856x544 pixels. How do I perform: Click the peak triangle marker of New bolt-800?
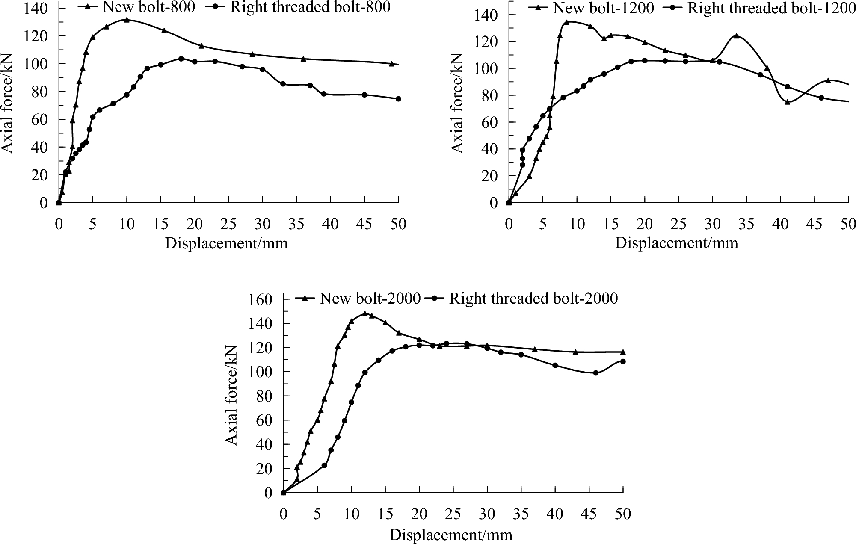coord(127,20)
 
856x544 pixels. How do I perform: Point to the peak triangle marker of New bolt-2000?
coord(365,313)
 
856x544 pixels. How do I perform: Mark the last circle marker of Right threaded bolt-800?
coord(398,99)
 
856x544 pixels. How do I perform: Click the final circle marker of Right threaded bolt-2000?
coord(623,361)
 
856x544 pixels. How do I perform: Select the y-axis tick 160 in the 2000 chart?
coord(260,299)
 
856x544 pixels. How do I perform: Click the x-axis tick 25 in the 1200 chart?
coord(678,224)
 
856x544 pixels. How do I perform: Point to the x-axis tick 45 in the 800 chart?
coord(364,224)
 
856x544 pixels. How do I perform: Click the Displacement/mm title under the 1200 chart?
coord(676,243)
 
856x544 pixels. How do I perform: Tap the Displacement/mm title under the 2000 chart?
coord(451,535)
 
